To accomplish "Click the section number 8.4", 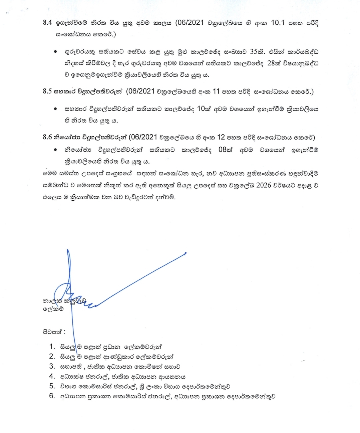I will coord(48,23).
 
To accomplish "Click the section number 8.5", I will coord(47,91).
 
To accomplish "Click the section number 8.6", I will coord(47,137).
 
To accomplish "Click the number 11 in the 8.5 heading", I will coord(216,91).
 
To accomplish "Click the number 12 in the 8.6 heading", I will coord(221,137).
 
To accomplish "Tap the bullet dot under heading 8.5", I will coord(55,109).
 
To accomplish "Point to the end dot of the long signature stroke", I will coord(185,254).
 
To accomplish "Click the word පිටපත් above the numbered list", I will coord(53,332).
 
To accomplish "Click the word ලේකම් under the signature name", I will coord(53,309).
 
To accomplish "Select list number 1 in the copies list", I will coord(52,347).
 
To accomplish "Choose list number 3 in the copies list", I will coord(52,366).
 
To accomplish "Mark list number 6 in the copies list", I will coord(52,396).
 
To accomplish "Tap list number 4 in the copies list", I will coord(52,376).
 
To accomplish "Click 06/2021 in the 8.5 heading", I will coord(142,91).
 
